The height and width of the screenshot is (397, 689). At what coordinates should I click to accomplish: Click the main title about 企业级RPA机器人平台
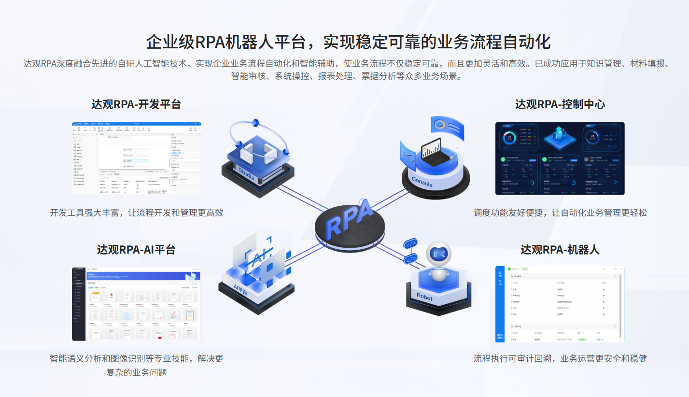click(x=348, y=42)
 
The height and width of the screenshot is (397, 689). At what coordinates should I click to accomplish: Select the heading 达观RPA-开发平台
click(x=136, y=104)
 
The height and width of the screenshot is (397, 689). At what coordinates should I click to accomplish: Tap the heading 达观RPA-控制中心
click(x=560, y=104)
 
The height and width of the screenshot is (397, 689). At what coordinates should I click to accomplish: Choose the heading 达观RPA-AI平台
click(x=136, y=250)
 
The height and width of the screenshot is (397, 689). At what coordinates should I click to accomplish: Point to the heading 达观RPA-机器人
click(x=560, y=250)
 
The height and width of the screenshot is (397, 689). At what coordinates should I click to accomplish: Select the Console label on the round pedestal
click(x=422, y=182)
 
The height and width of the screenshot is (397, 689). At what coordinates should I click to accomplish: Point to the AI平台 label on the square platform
click(x=240, y=291)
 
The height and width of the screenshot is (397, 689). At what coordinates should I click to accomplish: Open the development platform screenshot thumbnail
click(x=136, y=158)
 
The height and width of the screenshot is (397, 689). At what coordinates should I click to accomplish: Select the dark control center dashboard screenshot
click(x=560, y=158)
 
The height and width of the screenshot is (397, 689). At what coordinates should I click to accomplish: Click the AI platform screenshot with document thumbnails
click(x=136, y=304)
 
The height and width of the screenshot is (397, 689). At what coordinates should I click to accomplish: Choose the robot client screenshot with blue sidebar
click(x=560, y=304)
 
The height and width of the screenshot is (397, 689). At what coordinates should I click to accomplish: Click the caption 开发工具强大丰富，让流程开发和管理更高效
click(x=136, y=213)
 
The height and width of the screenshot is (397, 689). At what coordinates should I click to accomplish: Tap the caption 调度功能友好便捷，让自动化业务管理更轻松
click(x=560, y=213)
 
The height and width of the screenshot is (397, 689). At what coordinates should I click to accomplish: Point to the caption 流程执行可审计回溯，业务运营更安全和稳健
click(x=560, y=358)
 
